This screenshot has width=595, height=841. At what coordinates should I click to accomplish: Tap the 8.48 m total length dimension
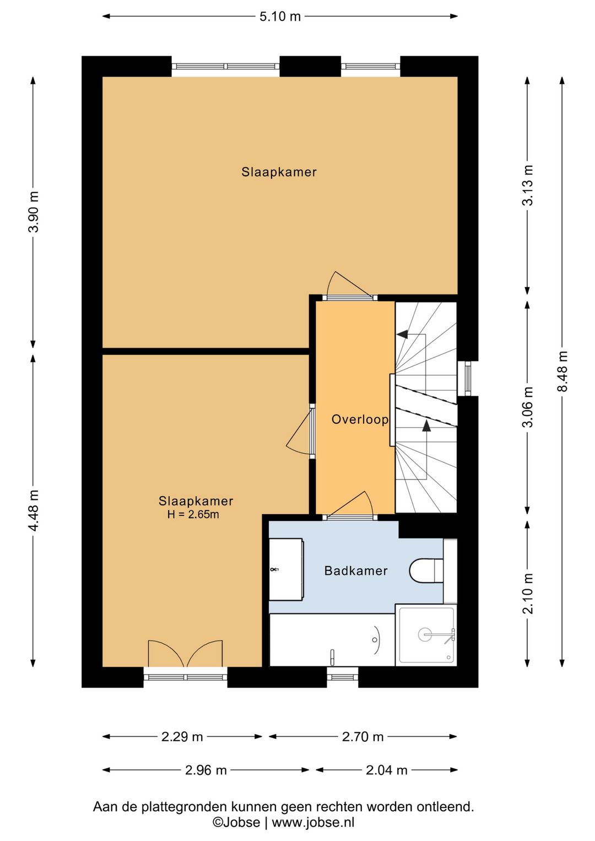tap(562, 371)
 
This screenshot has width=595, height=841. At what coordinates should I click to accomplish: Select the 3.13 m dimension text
tap(528, 186)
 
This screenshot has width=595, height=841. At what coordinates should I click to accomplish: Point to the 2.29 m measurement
tap(182, 737)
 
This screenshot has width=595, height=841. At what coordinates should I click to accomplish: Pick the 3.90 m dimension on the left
tap(34, 212)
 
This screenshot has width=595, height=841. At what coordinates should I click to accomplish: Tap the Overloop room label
tap(360, 419)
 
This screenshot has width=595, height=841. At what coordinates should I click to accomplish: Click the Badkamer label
tap(356, 571)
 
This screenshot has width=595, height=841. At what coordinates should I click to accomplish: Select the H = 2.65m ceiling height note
tap(193, 514)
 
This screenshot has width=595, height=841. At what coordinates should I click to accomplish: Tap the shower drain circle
tap(425, 634)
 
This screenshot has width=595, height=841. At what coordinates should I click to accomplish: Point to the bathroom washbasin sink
tap(286, 569)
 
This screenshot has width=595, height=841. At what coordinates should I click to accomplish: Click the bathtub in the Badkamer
tap(332, 640)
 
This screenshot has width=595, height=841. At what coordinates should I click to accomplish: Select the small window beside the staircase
tap(467, 379)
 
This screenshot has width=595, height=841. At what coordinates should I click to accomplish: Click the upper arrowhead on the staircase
tap(402, 334)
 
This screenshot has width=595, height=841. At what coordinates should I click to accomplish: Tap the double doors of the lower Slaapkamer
tap(185, 654)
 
